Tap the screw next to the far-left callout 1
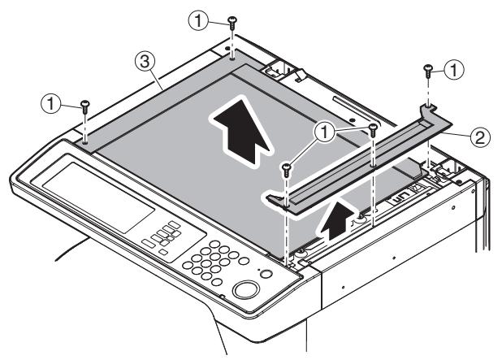[x=84, y=106]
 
